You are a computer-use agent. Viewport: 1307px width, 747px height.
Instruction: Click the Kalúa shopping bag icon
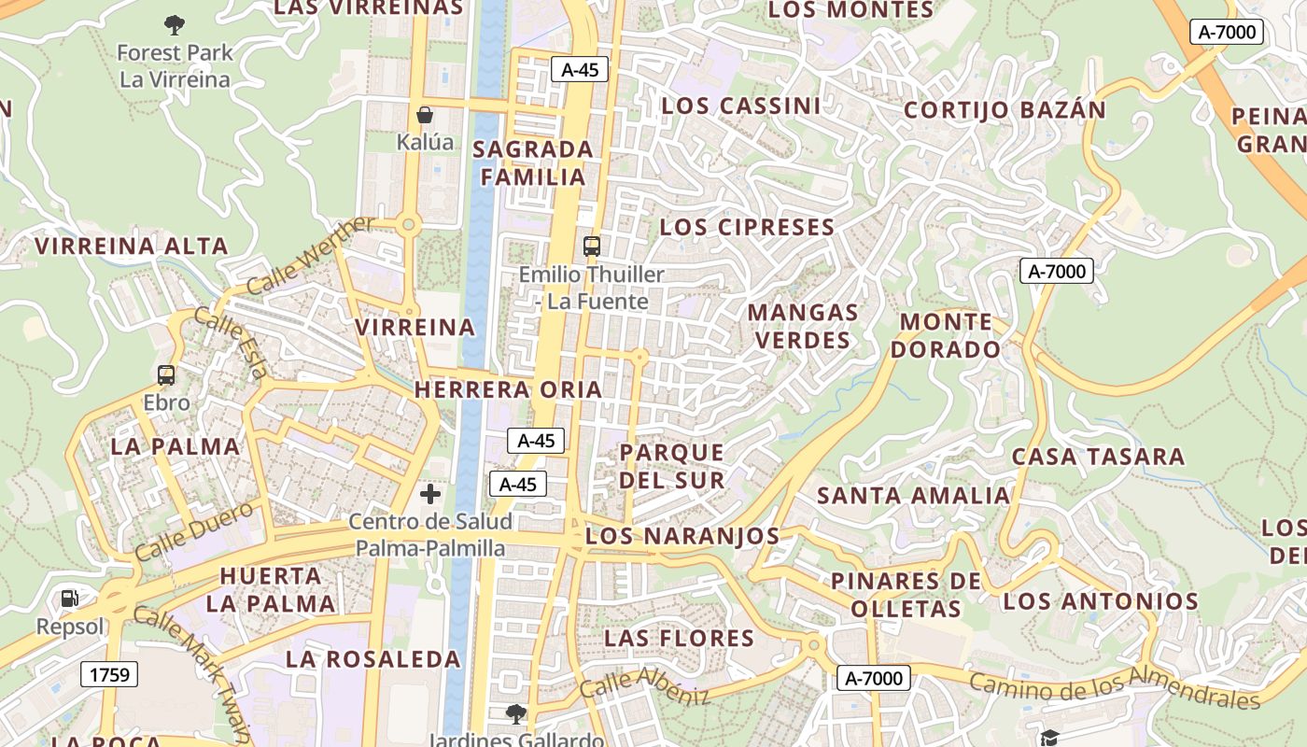[425, 115]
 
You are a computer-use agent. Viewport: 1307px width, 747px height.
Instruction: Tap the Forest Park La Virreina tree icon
[175, 24]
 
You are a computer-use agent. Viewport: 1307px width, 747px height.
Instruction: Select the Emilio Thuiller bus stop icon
[591, 247]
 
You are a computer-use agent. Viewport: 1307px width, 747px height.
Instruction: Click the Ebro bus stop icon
[166, 375]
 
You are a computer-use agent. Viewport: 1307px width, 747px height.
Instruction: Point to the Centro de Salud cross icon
[430, 494]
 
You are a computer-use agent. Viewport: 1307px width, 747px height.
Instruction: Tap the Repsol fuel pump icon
[70, 599]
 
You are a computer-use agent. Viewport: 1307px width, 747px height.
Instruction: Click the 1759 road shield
[109, 674]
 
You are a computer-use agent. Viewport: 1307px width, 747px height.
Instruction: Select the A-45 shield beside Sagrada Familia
[580, 69]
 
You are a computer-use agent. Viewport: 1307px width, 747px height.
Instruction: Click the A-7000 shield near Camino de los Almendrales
[873, 678]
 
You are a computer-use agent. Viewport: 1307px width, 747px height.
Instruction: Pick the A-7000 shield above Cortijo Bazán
[1227, 32]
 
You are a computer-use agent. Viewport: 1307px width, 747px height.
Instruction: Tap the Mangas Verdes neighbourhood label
[803, 326]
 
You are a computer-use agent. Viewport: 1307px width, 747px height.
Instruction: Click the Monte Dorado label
[945, 336]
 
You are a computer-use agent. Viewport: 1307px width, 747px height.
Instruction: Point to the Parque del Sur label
[672, 466]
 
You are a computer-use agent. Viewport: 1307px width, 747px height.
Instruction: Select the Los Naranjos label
[682, 536]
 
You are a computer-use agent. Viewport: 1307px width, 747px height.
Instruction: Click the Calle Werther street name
[312, 255]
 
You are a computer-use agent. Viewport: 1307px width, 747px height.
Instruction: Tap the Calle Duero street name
[194, 530]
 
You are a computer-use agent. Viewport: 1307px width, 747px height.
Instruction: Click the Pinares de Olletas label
[906, 595]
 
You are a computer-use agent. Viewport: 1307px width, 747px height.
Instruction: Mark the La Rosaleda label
[373, 659]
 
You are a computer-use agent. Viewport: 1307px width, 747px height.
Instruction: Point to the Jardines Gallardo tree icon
[515, 715]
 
